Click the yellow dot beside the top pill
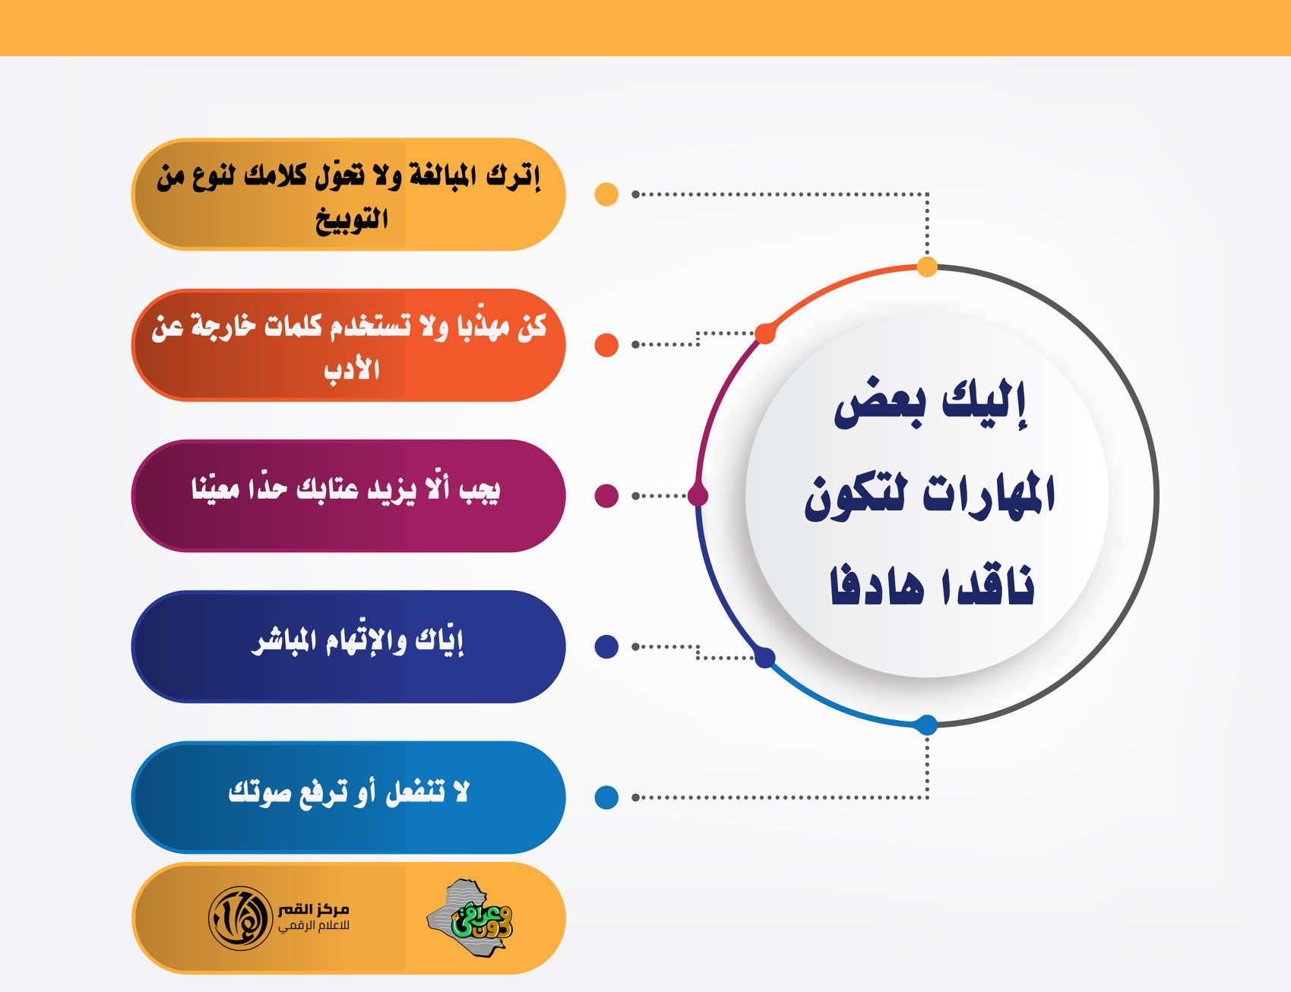(606, 194)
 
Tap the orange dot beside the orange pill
(606, 345)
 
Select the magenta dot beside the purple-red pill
(606, 495)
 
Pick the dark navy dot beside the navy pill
(606, 646)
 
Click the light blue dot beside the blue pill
(606, 798)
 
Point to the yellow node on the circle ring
(927, 267)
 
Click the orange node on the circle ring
(765, 333)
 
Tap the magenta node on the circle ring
(698, 495)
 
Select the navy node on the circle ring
(765, 658)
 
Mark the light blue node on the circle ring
(927, 725)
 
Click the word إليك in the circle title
(985, 402)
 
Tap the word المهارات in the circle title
(989, 494)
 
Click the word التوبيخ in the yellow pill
(352, 220)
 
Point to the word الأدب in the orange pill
(352, 370)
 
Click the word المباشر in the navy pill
(283, 641)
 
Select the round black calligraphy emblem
(240, 918)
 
